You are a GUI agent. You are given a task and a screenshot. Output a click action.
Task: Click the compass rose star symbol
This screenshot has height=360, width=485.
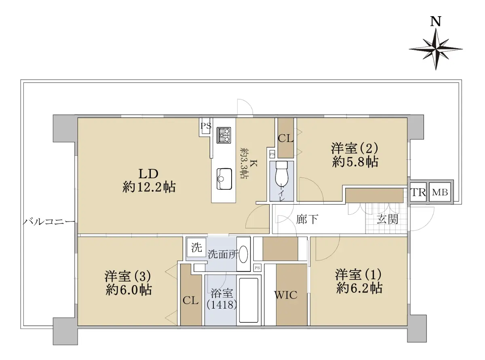(x=436, y=49)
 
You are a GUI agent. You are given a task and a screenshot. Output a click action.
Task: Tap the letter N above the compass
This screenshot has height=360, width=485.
(x=435, y=22)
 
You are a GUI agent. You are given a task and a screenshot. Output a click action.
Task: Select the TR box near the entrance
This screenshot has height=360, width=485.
(x=418, y=193)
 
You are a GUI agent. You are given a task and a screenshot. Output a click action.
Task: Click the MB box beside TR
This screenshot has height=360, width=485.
(x=440, y=193)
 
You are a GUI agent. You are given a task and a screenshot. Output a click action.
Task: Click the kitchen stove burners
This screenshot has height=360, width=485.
(x=224, y=135)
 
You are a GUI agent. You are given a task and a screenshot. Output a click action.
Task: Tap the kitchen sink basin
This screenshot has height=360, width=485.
(x=224, y=179)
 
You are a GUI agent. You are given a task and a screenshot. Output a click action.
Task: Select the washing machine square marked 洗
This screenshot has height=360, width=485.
(x=196, y=248)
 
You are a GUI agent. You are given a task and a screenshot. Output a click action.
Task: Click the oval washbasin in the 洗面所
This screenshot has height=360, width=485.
(x=243, y=254)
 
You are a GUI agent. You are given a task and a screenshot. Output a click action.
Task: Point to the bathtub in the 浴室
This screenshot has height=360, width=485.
(x=249, y=300)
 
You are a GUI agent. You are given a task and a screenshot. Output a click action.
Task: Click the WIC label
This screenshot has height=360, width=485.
(x=286, y=295)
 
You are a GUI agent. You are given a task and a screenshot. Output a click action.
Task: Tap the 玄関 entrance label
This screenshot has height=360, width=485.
(x=387, y=219)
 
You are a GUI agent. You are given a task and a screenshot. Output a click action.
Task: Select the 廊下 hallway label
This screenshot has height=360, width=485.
(x=307, y=219)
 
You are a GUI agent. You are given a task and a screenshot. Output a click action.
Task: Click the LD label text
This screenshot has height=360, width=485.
(x=148, y=174)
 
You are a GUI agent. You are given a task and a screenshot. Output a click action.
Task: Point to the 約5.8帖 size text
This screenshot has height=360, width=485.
(x=355, y=162)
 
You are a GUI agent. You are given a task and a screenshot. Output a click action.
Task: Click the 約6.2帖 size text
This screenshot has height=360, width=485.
(x=359, y=288)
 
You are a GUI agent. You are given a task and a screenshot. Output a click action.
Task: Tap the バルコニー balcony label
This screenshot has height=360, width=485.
(x=49, y=222)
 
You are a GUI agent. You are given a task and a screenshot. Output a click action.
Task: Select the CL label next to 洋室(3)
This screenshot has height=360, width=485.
(x=190, y=301)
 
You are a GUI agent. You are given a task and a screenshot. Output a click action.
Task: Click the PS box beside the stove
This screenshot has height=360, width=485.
(x=206, y=126)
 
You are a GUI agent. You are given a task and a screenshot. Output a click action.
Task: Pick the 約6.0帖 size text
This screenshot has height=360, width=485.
(x=129, y=290)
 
